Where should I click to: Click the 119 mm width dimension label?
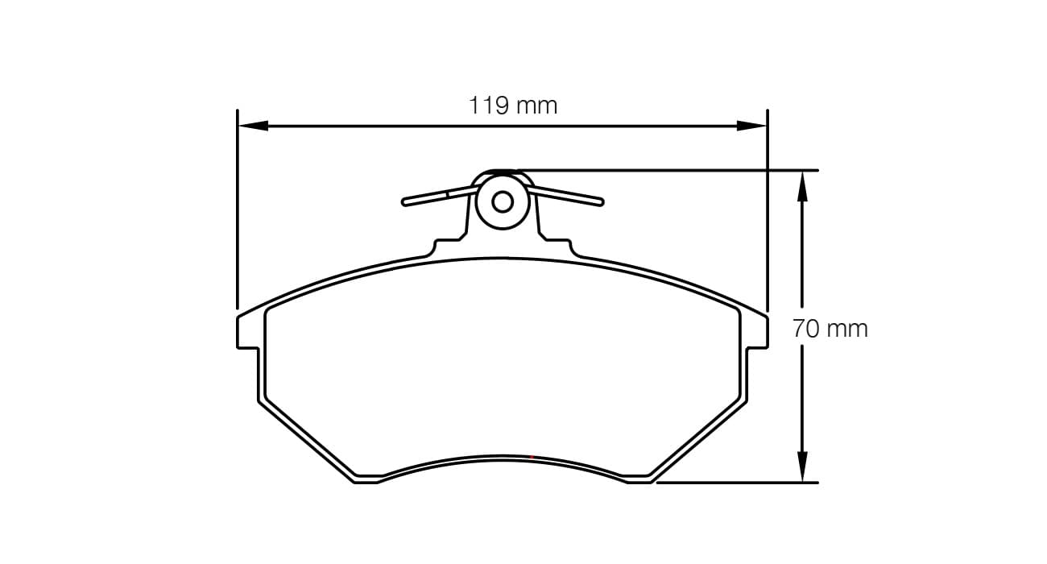click(513, 106)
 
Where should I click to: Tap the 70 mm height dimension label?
click(830, 329)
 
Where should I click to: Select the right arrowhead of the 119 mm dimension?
click(752, 126)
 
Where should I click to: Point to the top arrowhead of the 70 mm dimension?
click(801, 185)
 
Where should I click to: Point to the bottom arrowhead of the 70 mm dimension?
click(801, 468)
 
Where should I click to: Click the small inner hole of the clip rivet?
click(503, 201)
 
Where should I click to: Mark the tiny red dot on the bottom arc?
click(532, 457)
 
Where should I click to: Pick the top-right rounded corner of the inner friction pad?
click(735, 312)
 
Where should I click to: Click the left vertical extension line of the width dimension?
click(238, 209)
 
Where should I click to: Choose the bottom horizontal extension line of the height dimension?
click(737, 483)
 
